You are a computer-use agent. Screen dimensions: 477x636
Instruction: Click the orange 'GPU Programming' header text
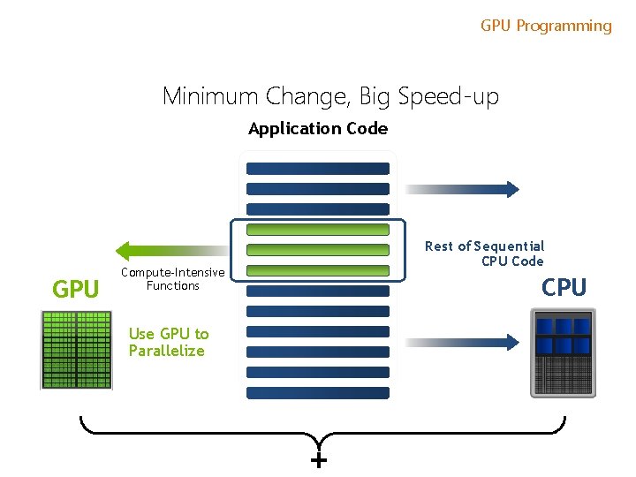click(x=546, y=26)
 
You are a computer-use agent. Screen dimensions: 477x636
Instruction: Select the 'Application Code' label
click(x=318, y=129)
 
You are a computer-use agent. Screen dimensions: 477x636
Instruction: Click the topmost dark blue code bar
click(x=318, y=168)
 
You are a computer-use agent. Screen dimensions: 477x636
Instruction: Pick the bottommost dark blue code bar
click(x=318, y=392)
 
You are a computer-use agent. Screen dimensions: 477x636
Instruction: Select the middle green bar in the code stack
click(x=318, y=250)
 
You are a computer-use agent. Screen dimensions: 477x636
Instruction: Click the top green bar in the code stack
click(x=318, y=230)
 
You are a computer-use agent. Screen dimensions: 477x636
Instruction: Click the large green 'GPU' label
click(x=76, y=289)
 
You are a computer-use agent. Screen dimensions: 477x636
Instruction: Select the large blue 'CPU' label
click(x=564, y=287)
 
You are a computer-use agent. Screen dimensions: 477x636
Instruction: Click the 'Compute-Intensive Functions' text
click(x=172, y=279)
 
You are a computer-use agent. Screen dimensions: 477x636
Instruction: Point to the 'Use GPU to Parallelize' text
click(x=168, y=342)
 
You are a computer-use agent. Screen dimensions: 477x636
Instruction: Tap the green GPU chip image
click(x=76, y=350)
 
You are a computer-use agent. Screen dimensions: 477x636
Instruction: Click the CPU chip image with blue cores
click(x=563, y=352)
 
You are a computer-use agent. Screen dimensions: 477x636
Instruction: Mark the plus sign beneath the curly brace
click(x=319, y=461)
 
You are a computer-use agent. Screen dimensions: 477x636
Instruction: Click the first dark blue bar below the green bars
click(x=318, y=291)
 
